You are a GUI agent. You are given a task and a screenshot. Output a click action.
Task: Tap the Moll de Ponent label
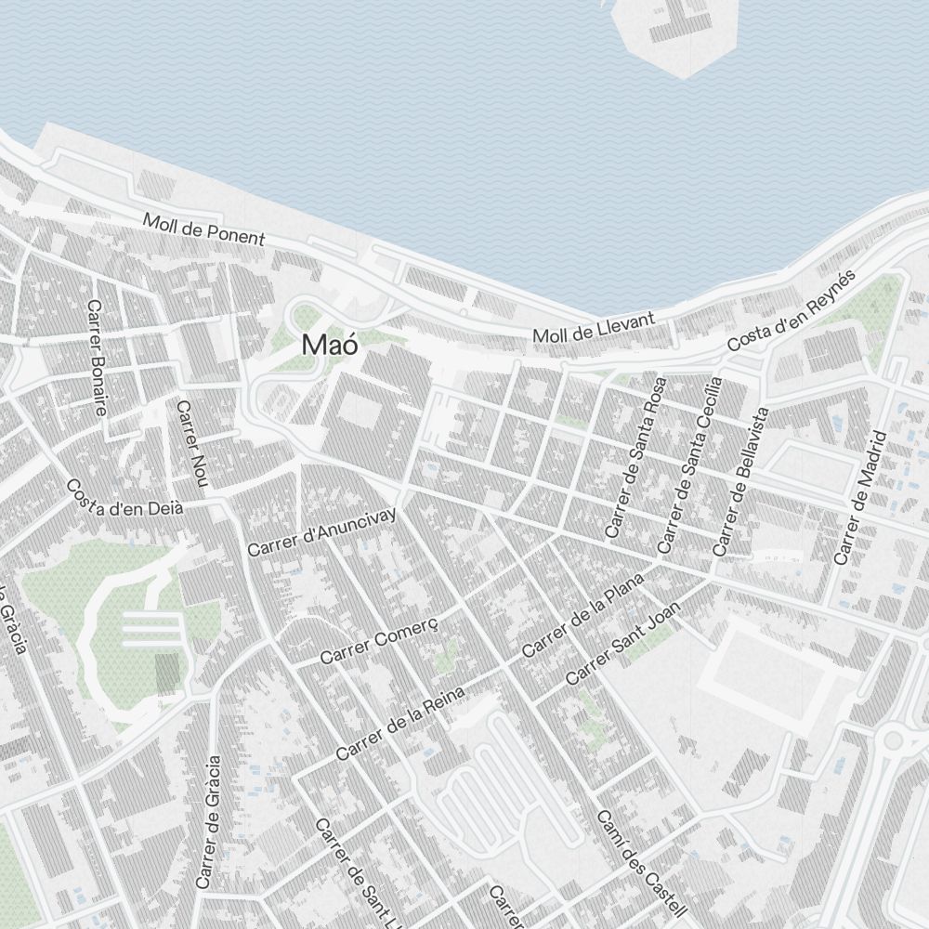click(x=203, y=229)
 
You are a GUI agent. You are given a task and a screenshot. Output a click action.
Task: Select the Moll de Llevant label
click(x=594, y=328)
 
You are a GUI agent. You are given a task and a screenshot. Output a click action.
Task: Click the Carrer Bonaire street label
click(x=97, y=357)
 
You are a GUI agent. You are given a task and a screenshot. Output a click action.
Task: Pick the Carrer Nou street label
click(x=190, y=443)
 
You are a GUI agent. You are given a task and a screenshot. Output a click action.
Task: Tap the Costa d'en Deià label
click(x=124, y=498)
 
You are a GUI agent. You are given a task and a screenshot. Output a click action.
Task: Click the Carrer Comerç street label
click(x=378, y=636)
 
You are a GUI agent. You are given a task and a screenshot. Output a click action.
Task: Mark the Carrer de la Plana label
click(x=583, y=615)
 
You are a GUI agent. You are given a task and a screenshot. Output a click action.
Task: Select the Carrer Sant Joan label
click(x=622, y=642)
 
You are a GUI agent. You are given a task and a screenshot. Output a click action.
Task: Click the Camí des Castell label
click(x=640, y=860)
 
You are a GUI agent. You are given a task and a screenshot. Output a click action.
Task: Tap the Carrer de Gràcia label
click(x=209, y=821)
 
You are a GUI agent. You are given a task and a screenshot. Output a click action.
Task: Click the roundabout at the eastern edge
click(x=894, y=740)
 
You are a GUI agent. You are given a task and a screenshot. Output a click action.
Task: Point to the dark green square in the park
click(x=166, y=674)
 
